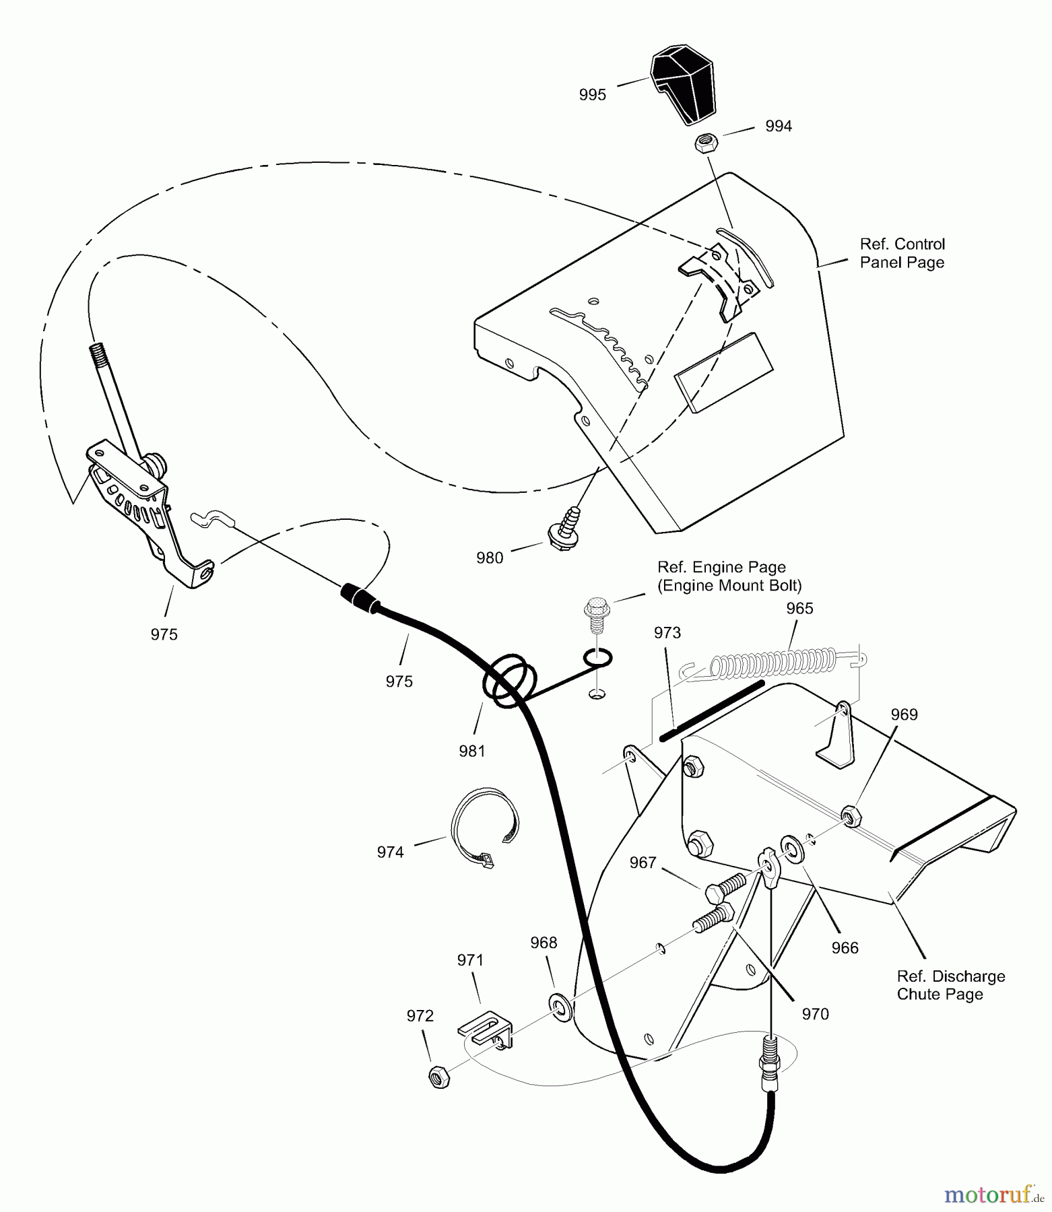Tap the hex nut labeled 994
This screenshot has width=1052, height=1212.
click(x=705, y=143)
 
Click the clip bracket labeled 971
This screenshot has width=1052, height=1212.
click(x=485, y=1030)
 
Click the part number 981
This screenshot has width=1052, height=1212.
click(x=472, y=750)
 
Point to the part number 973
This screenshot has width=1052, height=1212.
click(x=667, y=632)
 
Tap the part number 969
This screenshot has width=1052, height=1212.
click(x=904, y=714)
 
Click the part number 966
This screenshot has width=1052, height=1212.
click(x=845, y=948)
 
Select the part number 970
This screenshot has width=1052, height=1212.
click(x=815, y=1014)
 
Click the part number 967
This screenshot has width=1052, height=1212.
click(x=643, y=863)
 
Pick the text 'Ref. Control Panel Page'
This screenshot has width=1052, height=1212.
click(x=902, y=253)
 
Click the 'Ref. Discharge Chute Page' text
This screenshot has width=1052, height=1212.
click(x=950, y=985)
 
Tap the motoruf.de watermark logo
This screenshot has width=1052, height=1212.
click(x=993, y=1195)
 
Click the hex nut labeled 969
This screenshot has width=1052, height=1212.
click(x=851, y=815)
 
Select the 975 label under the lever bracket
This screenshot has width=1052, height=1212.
click(x=164, y=634)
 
